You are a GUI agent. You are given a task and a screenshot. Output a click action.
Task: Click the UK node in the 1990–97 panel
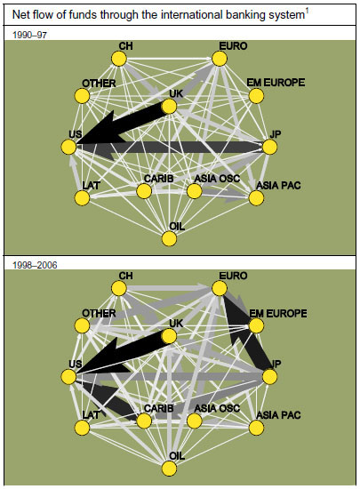169,107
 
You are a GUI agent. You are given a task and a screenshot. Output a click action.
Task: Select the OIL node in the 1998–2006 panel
169,469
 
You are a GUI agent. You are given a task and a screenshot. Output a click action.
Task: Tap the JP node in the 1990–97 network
269,147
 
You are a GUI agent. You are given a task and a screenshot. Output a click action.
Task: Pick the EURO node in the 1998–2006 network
220,288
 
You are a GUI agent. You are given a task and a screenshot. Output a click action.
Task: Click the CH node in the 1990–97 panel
119,59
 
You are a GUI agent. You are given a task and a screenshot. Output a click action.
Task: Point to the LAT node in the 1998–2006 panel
83,428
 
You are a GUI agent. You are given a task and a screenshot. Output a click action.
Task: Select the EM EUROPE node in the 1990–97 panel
256,96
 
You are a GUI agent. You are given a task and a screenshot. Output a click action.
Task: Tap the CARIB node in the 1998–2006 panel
144,421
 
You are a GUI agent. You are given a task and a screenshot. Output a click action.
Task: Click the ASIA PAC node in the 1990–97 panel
256,198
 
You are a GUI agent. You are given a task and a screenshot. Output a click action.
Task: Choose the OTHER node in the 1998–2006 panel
83,325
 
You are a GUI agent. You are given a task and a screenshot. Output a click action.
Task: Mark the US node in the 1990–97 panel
68,147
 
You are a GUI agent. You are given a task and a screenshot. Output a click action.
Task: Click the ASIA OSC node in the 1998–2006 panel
195,421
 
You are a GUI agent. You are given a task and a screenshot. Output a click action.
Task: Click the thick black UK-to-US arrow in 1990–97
122,124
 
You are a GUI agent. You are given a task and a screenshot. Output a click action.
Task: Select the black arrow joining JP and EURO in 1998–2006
246,331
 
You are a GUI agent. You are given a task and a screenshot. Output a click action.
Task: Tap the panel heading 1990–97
29,35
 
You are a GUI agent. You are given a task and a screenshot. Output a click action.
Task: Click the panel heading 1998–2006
35,265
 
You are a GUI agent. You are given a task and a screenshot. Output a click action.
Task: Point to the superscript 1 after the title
307,12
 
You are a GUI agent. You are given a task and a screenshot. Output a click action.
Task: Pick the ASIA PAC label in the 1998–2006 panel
278,415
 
